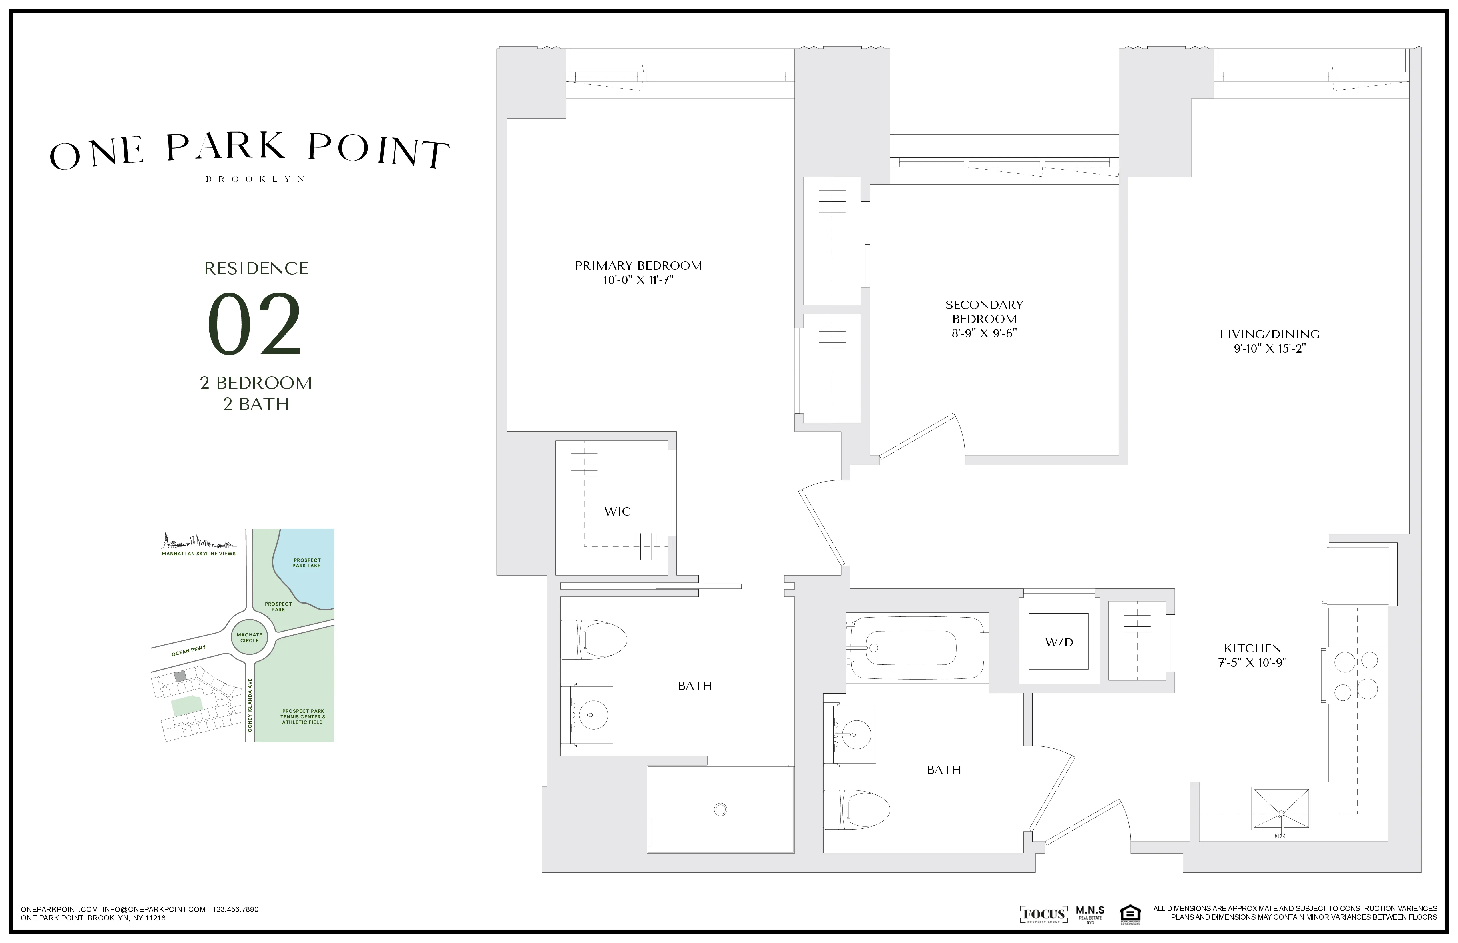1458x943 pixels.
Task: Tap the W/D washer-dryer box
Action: coord(1059,642)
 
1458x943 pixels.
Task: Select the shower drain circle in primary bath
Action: coord(720,810)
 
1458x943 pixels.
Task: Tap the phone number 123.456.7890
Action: coord(235,909)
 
